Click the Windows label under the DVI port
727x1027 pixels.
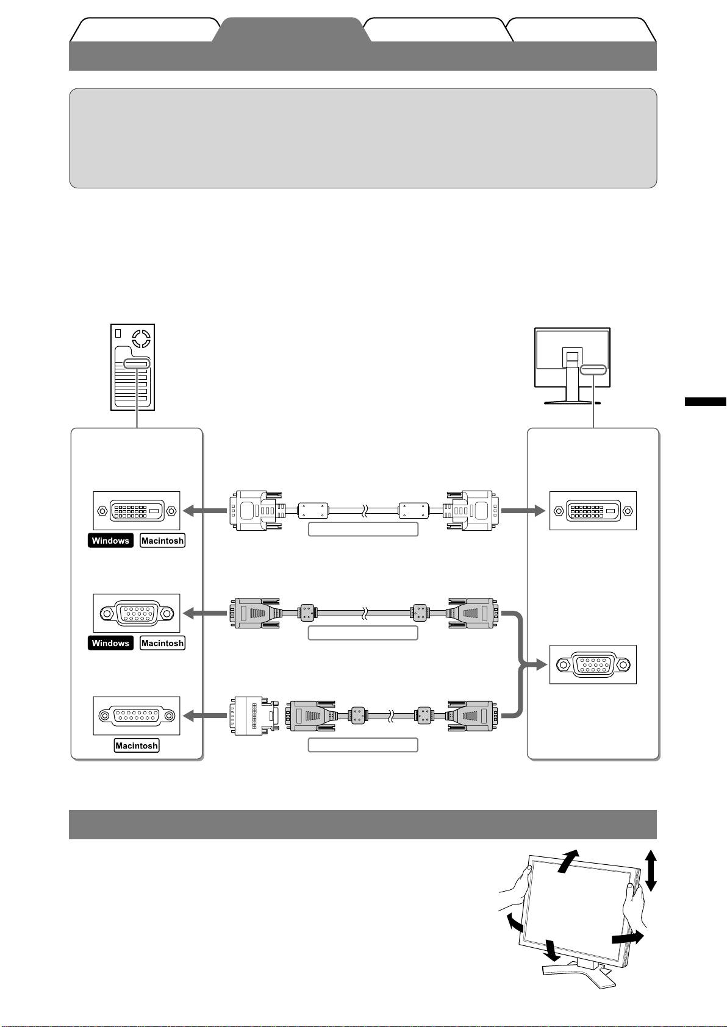[110, 541]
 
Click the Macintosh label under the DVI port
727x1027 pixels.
[162, 541]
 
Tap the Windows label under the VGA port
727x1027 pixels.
[110, 643]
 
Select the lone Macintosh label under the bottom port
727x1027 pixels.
[137, 745]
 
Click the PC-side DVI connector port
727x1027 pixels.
[137, 511]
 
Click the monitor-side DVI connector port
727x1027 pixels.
[593, 511]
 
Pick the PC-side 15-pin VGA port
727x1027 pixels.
[137, 613]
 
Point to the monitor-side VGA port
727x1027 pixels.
[593, 664]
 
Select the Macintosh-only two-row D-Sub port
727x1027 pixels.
[137, 716]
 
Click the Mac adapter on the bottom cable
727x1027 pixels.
[250, 716]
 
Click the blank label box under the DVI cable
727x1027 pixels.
[363, 529]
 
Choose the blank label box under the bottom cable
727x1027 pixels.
[363, 745]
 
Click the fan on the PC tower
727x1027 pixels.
[141, 338]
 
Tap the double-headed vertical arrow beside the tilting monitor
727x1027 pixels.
[651, 870]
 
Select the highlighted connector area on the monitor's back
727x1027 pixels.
[593, 369]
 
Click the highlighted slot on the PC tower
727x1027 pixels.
[135, 364]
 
